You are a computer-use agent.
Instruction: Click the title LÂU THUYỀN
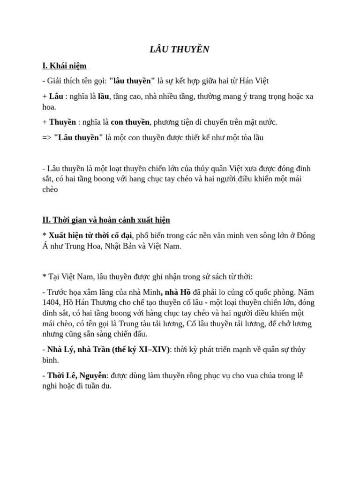click(x=180, y=50)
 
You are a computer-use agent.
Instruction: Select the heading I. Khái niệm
click(x=64, y=66)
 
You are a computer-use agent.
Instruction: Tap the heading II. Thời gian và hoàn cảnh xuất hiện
click(x=106, y=220)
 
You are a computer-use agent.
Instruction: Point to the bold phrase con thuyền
click(x=130, y=122)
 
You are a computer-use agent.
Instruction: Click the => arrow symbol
click(x=47, y=137)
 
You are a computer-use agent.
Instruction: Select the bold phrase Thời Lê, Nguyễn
click(x=77, y=376)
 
